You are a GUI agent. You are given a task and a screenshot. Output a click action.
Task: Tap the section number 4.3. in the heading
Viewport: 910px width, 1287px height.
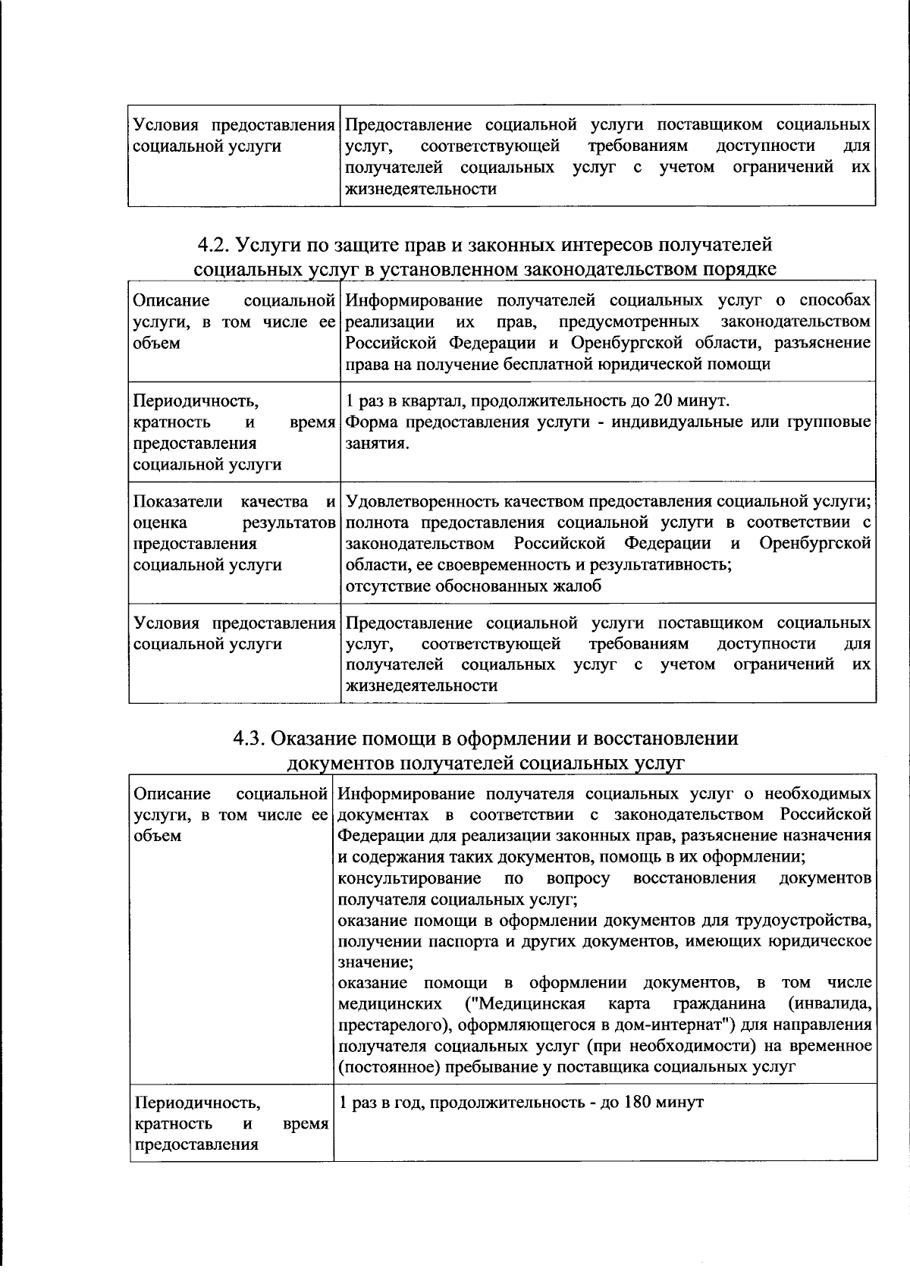[249, 738]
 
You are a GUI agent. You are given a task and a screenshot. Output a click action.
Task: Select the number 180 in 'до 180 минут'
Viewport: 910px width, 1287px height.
[641, 1101]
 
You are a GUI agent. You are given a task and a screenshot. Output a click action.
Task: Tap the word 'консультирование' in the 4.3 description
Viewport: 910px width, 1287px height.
[409, 878]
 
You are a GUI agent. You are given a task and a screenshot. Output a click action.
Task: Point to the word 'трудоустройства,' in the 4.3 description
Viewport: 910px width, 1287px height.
[802, 921]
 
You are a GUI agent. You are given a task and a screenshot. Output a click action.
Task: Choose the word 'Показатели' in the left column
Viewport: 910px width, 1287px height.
[177, 501]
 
